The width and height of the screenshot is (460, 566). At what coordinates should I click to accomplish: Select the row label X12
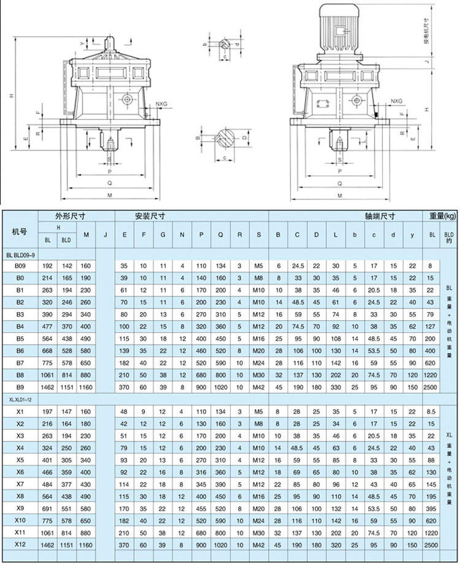pyautogui.click(x=20, y=544)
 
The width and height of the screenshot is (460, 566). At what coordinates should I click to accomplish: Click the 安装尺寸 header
pyautogui.click(x=150, y=216)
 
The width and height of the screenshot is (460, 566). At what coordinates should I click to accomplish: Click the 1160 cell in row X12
pyautogui.click(x=86, y=544)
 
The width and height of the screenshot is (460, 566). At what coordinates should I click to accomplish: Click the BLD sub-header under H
pyautogui.click(x=66, y=240)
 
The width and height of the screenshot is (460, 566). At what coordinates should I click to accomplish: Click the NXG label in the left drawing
pyautogui.click(x=163, y=105)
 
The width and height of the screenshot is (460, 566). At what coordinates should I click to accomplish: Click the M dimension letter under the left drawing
pyautogui.click(x=110, y=196)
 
